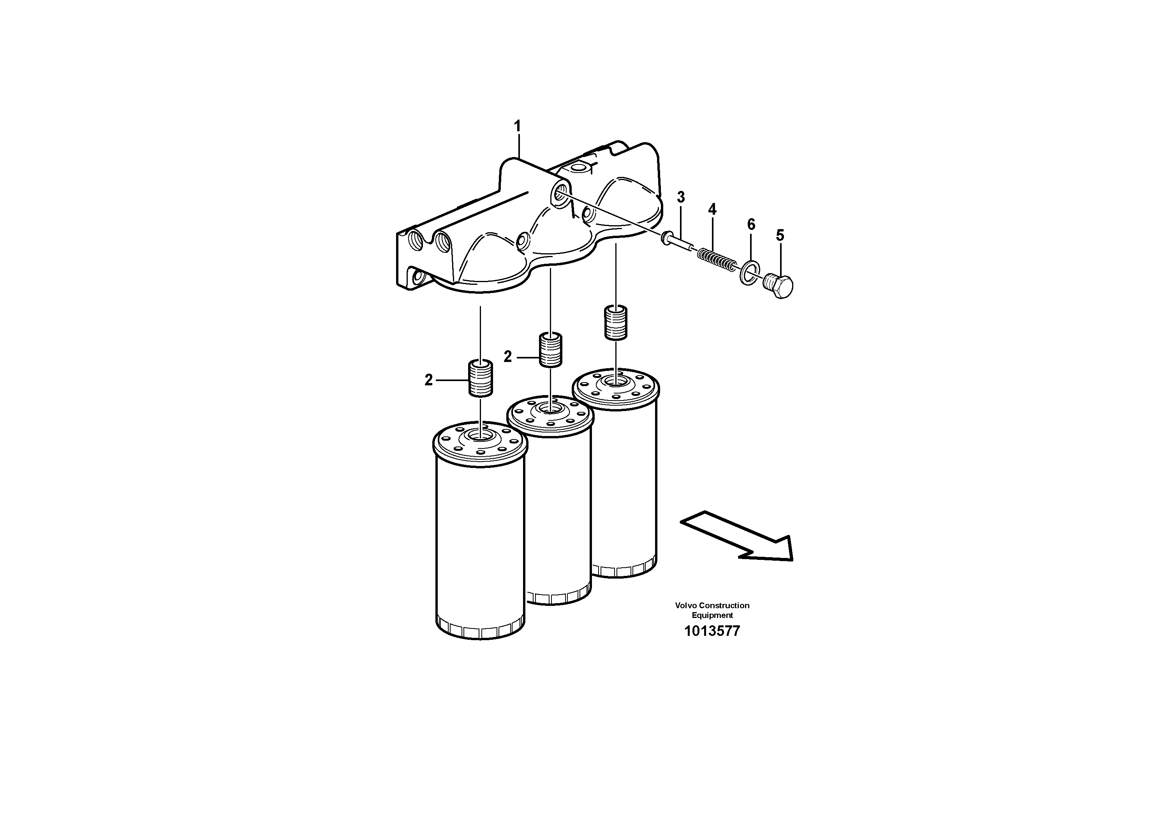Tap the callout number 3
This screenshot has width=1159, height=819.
coord(681,198)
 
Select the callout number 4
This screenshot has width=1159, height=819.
coord(712,210)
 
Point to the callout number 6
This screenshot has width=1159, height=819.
coord(751,225)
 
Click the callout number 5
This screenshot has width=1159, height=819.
coord(780,235)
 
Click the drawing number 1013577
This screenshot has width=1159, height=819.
coord(712,631)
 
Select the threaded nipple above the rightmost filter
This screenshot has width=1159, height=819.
coord(615,323)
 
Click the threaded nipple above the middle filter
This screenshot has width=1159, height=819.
coord(551,349)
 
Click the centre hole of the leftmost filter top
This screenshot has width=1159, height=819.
coord(481,435)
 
